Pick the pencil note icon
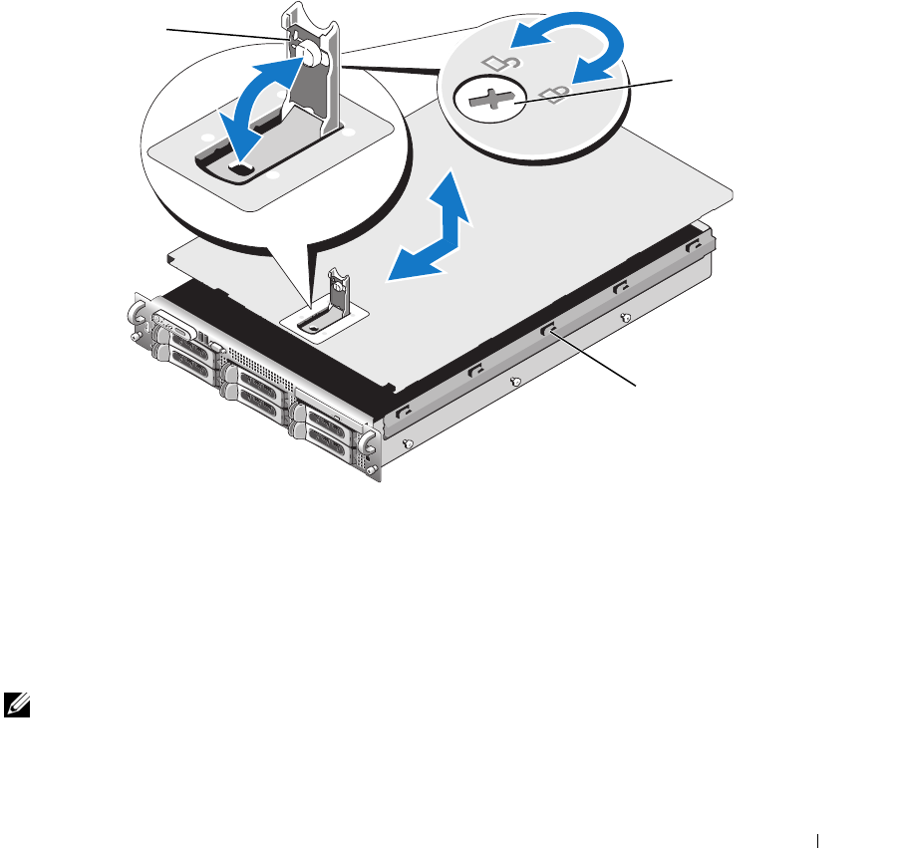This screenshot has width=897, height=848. (16, 705)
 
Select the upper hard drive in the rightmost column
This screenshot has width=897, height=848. (327, 420)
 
